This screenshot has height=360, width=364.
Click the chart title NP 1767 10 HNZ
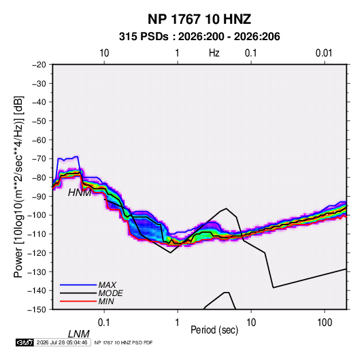coord(199,19)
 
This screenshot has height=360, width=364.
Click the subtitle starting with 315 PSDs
coord(199,37)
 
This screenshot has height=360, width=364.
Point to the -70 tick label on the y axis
coord(39,159)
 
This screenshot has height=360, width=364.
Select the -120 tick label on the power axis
coord(37,253)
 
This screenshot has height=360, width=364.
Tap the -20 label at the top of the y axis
coord(39,65)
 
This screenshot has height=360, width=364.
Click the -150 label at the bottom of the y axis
coord(37,310)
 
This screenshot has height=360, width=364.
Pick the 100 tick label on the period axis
coord(325,323)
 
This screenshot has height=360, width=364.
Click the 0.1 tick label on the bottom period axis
coord(104,323)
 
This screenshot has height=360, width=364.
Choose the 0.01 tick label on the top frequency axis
coord(324,53)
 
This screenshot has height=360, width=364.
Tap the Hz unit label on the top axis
coord(214,53)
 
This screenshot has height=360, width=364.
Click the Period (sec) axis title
coord(214,330)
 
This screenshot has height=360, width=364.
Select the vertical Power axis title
coord(18,187)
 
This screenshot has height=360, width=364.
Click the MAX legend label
coord(107,285)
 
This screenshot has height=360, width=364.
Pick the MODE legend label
coord(110,293)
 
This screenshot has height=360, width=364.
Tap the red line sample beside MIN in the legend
coord(78,301)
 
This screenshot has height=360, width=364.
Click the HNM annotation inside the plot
coord(80,193)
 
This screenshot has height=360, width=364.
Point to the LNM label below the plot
coord(79,334)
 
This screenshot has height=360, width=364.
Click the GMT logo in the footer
coord(24,342)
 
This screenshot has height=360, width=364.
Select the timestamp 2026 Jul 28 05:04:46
coord(62,342)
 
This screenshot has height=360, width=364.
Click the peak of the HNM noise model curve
coord(226,208)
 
